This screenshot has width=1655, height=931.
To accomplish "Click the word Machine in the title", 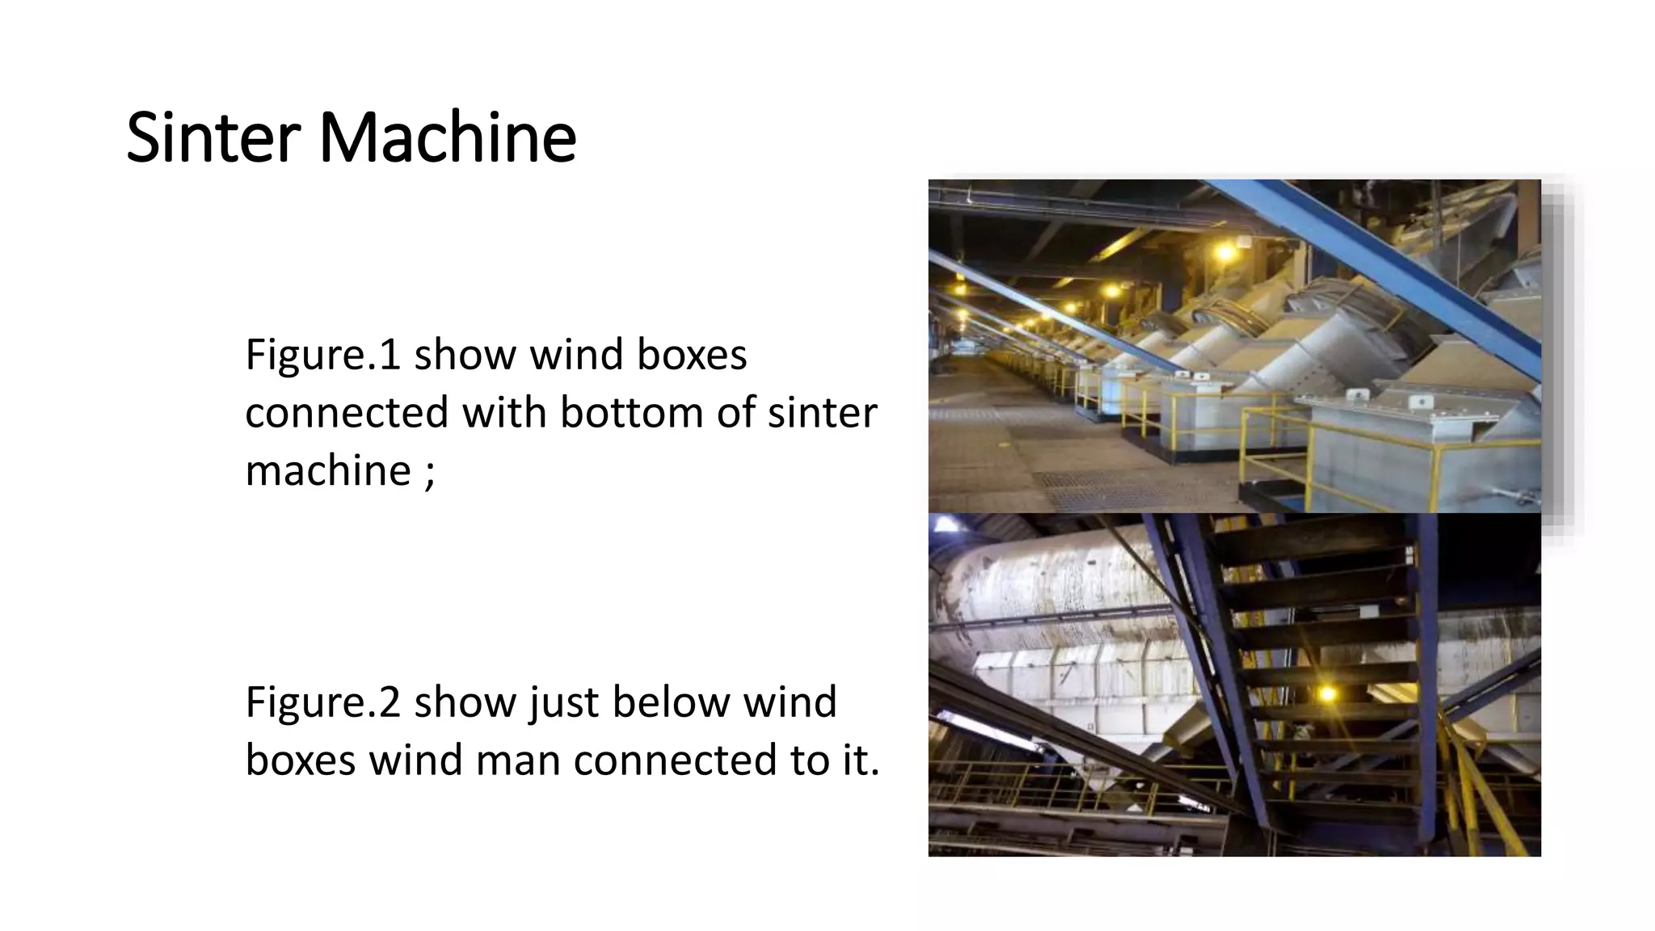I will pyautogui.click(x=448, y=137).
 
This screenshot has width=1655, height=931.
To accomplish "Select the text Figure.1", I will pyautogui.click(x=322, y=355).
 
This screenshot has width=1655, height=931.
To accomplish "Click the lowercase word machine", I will pyautogui.click(x=327, y=470).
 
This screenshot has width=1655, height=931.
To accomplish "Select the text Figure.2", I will pyautogui.click(x=322, y=701).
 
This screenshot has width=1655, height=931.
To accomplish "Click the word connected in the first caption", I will pyautogui.click(x=347, y=412).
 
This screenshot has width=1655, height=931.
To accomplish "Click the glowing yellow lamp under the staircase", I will pyautogui.click(x=1326, y=693).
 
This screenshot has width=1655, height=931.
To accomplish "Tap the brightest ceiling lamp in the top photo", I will pyautogui.click(x=1225, y=252).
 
